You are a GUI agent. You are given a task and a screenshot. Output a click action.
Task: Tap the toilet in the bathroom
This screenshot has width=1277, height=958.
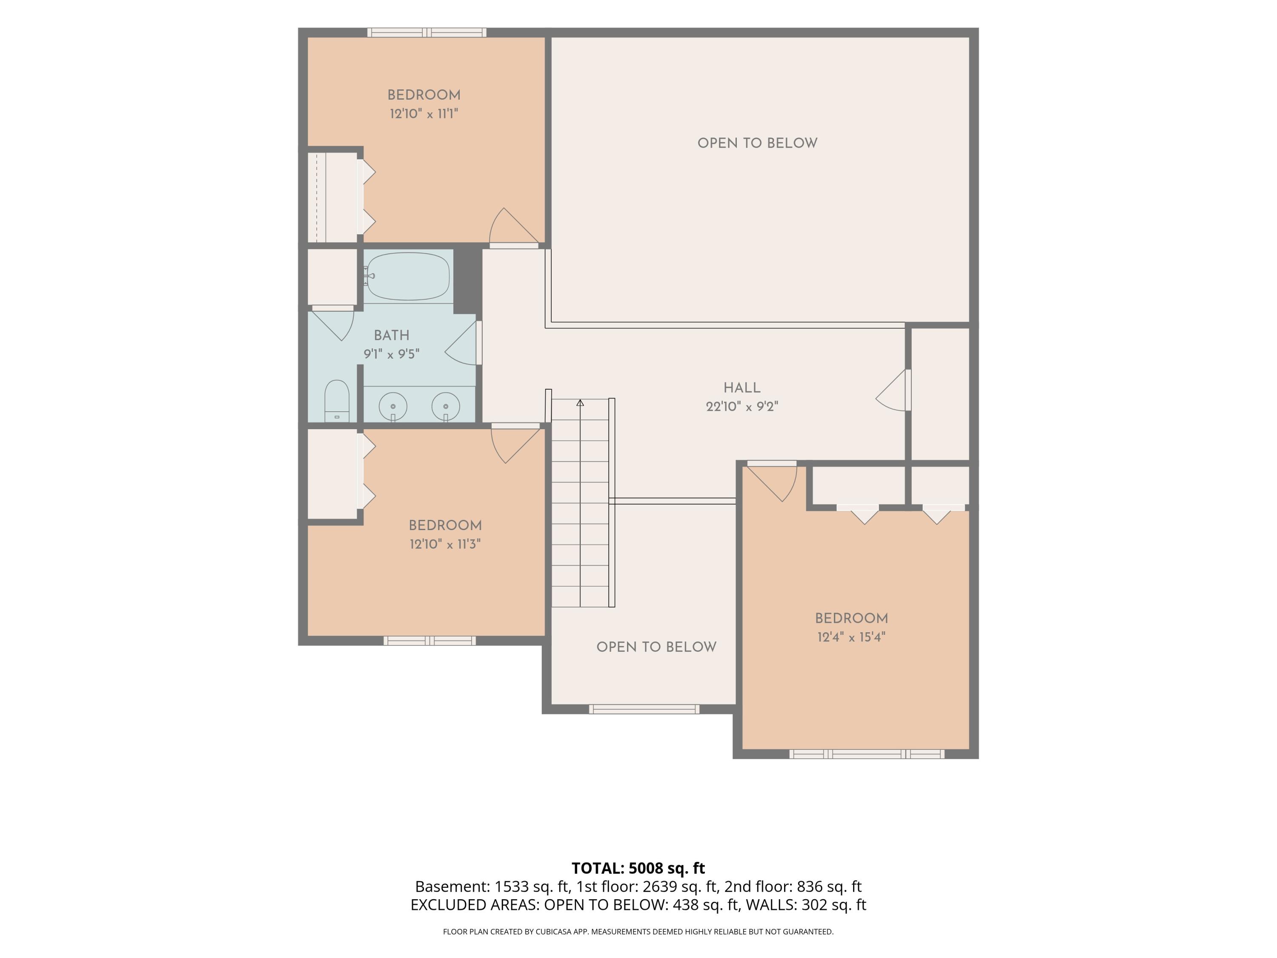coord(337,401)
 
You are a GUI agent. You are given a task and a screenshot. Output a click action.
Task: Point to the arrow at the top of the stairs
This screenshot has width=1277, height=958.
coord(580,402)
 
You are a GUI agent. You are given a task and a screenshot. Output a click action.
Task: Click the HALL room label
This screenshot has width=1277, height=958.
coord(742,388)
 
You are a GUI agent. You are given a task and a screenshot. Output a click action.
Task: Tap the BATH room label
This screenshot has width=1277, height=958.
coord(392,336)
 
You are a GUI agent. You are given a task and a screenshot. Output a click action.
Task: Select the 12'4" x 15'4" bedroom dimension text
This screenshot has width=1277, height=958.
coord(851,637)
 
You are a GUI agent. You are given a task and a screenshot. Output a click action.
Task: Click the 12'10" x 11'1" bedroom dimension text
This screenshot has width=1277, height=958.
coord(424,114)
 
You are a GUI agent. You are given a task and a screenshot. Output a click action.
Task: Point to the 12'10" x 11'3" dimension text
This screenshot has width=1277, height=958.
coord(445,544)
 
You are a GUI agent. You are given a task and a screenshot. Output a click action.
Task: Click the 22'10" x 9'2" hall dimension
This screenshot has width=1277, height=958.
coord(742,407)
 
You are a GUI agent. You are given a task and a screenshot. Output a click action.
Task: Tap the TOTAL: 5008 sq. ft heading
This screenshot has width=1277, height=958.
coord(638,868)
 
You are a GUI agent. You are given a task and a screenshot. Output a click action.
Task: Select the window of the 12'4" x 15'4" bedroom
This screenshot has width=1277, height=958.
coord(867,754)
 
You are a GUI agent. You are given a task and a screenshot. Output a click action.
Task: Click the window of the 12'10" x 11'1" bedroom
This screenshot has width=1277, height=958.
coord(427,32)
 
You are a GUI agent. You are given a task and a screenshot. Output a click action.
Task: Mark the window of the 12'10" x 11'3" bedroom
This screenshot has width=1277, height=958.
coord(429,640)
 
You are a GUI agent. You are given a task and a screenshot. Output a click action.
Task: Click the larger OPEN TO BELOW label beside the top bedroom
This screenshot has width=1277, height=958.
coord(757,143)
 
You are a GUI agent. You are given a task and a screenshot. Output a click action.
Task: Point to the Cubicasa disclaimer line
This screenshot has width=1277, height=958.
coord(638,932)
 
